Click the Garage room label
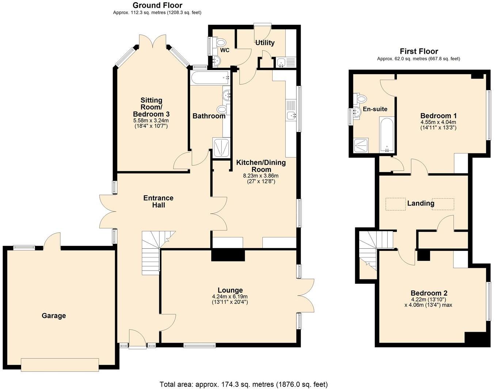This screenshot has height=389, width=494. coord(54,316)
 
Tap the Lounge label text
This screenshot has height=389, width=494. coord(230,290)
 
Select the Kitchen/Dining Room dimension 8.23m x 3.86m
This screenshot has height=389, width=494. coord(261,176)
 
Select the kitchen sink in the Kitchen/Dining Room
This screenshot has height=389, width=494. coord(291,116)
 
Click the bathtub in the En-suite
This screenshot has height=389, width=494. coord(387,134)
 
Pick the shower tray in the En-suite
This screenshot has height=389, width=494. coord(361,145)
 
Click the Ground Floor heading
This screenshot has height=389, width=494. coord(157,5)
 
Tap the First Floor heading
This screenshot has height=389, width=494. coord(419,51)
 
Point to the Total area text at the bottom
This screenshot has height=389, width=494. coord(244,384)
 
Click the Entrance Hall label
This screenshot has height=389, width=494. coord(158,201)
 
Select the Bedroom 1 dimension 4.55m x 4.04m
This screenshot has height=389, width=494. coord(438,122)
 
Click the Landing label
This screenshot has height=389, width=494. coord(421,203)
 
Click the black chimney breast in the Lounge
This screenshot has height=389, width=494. coord(228,255)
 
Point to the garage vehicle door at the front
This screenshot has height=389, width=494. coord(60,365)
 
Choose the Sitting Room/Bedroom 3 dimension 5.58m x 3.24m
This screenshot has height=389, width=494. coord(151,120)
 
